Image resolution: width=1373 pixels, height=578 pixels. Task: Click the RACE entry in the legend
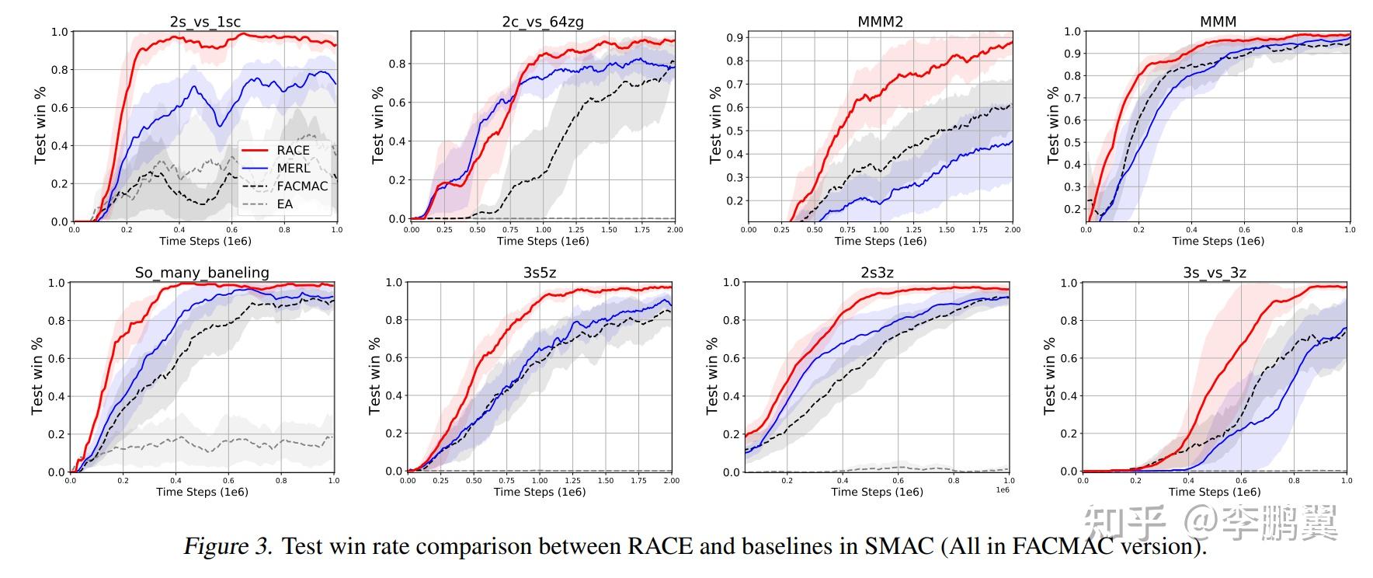point(293,150)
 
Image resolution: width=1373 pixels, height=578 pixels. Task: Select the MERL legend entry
point(293,168)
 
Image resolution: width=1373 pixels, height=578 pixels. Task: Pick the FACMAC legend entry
point(302,186)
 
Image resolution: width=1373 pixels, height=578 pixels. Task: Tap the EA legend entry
point(285,204)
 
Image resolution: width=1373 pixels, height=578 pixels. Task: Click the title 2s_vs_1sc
point(205,22)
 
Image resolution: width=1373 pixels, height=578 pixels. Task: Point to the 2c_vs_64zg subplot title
point(542,22)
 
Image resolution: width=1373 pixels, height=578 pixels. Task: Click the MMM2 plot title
point(880,22)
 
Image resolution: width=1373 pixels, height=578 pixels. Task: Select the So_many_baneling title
point(202,273)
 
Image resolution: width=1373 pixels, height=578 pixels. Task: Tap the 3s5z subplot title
point(540,273)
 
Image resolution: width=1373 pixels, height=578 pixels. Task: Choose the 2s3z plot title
point(877,273)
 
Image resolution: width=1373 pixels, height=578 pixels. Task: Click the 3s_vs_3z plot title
point(1215,273)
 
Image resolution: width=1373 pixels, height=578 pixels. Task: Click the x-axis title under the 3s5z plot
point(540,492)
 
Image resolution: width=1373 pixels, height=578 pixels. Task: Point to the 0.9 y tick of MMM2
point(735,37)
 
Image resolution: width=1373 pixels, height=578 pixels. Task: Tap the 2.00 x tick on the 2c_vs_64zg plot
point(674,230)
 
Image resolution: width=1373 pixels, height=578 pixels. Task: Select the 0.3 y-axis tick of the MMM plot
point(1072,186)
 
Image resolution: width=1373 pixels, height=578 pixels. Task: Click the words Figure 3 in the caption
point(228,546)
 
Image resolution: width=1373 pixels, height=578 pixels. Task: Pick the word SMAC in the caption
point(898,546)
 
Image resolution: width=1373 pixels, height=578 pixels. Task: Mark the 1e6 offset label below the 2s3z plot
point(1003,489)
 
